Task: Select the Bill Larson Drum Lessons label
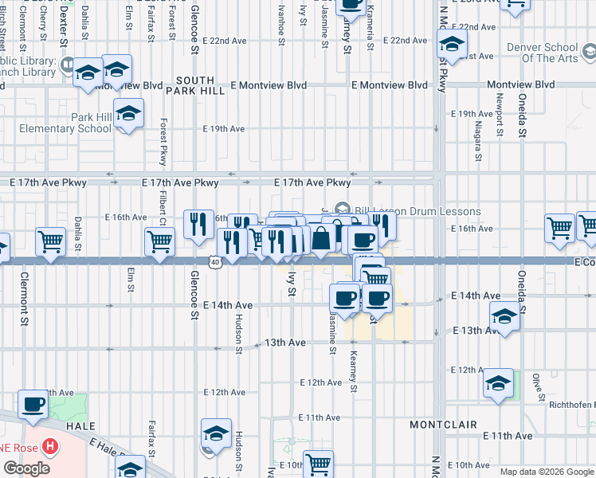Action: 418,211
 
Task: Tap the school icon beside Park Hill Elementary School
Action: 127,115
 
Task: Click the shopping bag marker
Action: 320,238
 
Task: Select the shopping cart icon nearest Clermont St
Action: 51,241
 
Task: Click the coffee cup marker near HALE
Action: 33,404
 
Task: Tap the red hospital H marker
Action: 51,448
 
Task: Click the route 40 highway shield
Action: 216,261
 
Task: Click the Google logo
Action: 26,468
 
